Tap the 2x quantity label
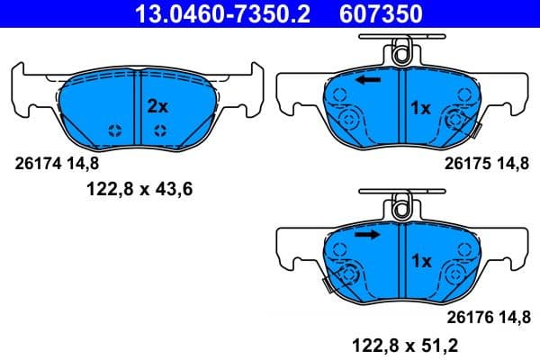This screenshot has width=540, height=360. (157, 106)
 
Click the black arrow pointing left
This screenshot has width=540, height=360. (366, 81)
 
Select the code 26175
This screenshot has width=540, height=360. (466, 164)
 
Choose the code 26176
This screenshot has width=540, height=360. (466, 317)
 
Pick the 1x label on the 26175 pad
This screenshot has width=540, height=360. (420, 108)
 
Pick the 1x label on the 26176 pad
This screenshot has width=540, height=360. (420, 261)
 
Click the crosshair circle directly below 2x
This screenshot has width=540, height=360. (159, 131)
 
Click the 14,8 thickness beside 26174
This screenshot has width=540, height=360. (81, 164)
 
